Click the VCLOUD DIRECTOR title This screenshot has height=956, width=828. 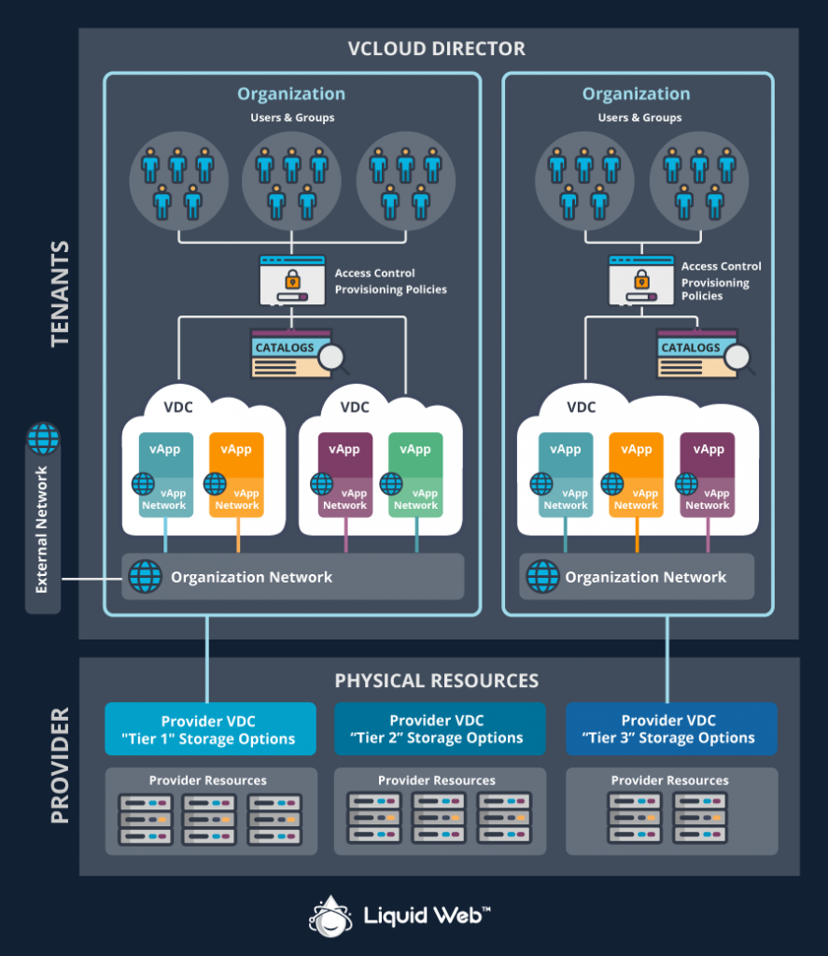click(437, 49)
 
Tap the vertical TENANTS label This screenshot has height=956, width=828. click(60, 294)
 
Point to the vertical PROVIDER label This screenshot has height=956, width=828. click(60, 766)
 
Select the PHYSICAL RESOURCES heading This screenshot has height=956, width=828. click(437, 681)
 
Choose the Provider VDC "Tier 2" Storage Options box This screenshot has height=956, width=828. click(440, 729)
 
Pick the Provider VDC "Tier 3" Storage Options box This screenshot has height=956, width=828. click(671, 729)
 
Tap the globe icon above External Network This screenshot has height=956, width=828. click(43, 438)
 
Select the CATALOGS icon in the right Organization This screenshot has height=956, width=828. click(700, 352)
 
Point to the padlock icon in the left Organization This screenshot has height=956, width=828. click(292, 280)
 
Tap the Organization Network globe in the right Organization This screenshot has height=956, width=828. click(542, 577)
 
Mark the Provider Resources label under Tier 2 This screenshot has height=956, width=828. click(436, 780)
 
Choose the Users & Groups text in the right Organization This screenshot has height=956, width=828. click(639, 118)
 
